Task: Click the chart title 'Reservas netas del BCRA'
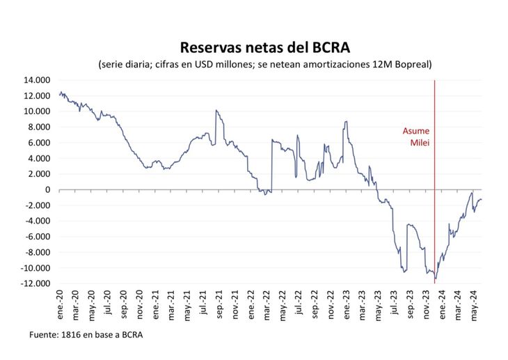pyautogui.click(x=264, y=47)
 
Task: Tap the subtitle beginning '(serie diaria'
pyautogui.click(x=264, y=65)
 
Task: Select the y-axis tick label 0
pyautogui.click(x=47, y=189)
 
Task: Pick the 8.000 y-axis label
pyautogui.click(x=39, y=127)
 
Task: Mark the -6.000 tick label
pyautogui.click(x=36, y=237)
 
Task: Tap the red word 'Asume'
pyautogui.click(x=416, y=130)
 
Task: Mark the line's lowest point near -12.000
pyautogui.click(x=436, y=281)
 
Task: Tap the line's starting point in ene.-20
pyautogui.click(x=60, y=93)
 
